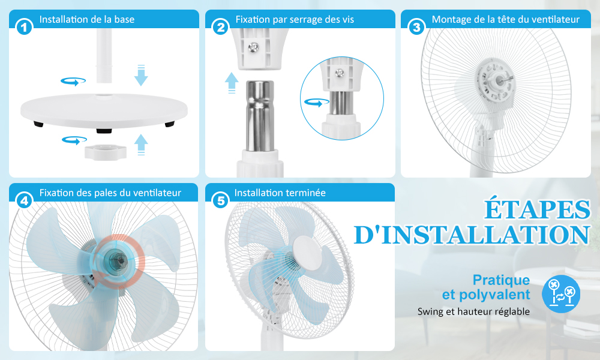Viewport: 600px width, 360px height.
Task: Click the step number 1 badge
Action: pyautogui.click(x=24, y=27)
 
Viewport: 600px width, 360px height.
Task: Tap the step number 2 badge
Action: pyautogui.click(x=221, y=27)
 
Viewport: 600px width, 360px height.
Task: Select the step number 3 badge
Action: pyautogui.click(x=417, y=27)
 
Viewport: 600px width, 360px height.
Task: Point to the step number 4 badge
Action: pyautogui.click(x=24, y=200)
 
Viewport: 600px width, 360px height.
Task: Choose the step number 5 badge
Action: pyautogui.click(x=221, y=200)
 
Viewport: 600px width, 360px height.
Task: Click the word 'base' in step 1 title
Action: pyautogui.click(x=124, y=20)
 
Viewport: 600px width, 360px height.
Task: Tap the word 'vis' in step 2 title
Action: pyautogui.click(x=347, y=20)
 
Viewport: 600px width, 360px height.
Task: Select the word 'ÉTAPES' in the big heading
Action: pyautogui.click(x=538, y=209)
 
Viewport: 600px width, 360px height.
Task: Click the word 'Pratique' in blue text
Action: pyautogui.click(x=501, y=280)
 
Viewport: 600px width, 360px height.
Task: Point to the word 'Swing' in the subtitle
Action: pyautogui.click(x=430, y=312)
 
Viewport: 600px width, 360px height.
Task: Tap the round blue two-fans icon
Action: pyautogui.click(x=561, y=294)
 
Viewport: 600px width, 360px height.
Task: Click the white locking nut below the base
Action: pyautogui.click(x=105, y=151)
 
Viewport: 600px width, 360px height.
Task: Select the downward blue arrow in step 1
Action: pyautogui.click(x=141, y=76)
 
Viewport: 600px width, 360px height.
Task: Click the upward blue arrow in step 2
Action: pyautogui.click(x=232, y=83)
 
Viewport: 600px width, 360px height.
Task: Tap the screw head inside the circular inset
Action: pyautogui.click(x=339, y=73)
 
